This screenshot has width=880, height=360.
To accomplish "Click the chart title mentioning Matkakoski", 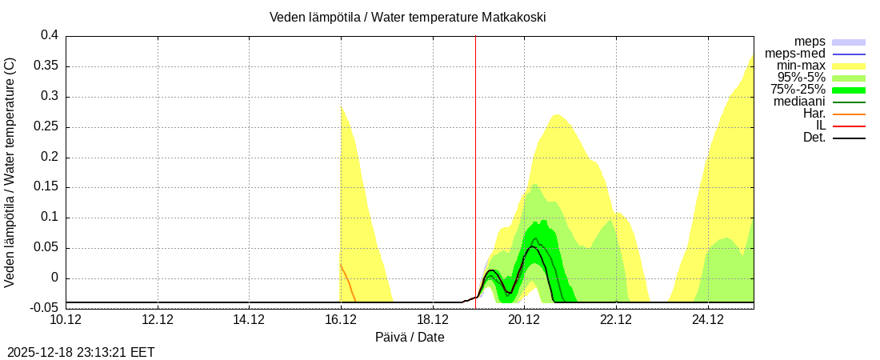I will pos(408,17).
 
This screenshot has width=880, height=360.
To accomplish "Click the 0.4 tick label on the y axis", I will pos(50,35).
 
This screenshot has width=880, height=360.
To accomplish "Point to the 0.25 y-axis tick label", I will pos(46,126).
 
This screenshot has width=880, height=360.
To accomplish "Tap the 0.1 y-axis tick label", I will pos(50,218).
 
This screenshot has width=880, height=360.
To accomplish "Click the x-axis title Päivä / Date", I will pos(410,338).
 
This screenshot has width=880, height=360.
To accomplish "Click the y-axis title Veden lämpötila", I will pos(10,172).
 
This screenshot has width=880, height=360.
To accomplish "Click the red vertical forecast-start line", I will pos(475,160).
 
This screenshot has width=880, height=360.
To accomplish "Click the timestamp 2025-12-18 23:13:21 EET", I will pos(81,352).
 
